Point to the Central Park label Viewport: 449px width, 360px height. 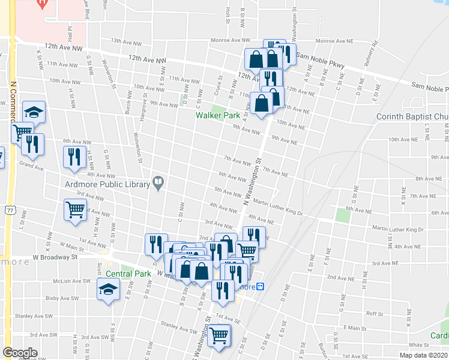point(128,274)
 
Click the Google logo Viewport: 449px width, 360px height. point(20,353)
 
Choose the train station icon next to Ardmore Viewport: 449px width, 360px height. point(261,287)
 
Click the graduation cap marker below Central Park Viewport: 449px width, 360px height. point(109,290)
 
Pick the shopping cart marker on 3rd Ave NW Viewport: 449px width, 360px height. point(76,210)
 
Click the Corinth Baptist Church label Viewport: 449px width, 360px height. point(412,116)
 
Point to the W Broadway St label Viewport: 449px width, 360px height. point(55,257)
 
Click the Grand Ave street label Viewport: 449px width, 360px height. point(32,165)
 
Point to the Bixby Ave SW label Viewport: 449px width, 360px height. point(62,298)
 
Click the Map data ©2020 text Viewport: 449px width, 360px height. point(423,355)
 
